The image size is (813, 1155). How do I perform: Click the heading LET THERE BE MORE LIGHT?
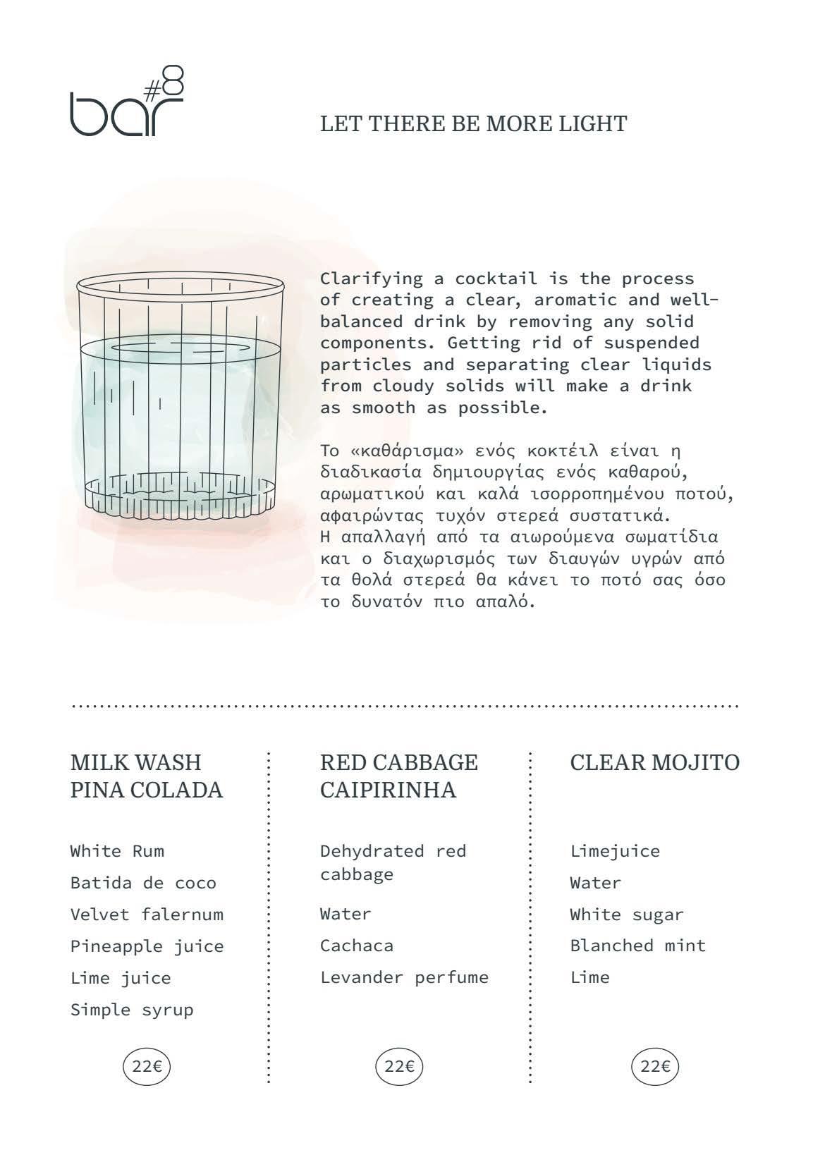tap(473, 124)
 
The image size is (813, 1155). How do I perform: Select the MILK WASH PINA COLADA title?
tap(146, 776)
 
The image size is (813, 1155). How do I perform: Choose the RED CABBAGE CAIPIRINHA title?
tap(398, 776)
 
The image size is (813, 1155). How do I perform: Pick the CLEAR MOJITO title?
tap(654, 762)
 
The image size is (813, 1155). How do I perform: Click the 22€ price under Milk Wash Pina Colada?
tap(147, 1066)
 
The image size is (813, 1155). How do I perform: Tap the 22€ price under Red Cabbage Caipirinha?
tap(399, 1066)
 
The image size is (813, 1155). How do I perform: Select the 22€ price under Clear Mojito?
tap(654, 1066)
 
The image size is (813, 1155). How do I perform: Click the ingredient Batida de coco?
tap(143, 883)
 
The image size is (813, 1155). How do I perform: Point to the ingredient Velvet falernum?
tap(147, 915)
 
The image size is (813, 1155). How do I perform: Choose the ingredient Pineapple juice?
tap(147, 946)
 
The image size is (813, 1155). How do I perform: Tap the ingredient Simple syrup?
tap(132, 1010)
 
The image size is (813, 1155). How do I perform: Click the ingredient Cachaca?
tap(357, 946)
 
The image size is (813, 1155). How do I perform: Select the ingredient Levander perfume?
tap(404, 977)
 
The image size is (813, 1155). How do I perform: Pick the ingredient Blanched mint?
tap(637, 946)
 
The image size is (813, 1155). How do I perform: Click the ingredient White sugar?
tap(626, 915)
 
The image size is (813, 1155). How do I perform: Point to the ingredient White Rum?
tap(117, 851)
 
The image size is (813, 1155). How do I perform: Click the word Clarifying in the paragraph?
tap(372, 279)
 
